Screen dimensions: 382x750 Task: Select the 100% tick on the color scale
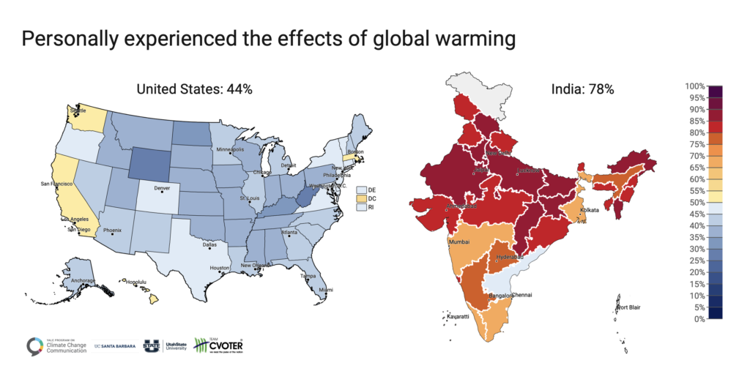pyautogui.click(x=696, y=86)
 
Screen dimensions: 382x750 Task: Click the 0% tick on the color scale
pyautogui.click(x=699, y=319)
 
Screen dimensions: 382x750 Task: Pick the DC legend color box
pyautogui.click(x=361, y=198)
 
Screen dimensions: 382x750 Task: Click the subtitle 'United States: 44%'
pyautogui.click(x=195, y=89)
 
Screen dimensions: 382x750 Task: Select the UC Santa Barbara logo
pyautogui.click(x=118, y=346)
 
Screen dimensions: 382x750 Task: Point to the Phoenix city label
pyautogui.click(x=113, y=231)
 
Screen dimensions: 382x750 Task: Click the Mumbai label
pyautogui.click(x=459, y=241)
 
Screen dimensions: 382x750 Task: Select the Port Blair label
pyautogui.click(x=631, y=307)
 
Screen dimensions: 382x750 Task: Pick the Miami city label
pyautogui.click(x=325, y=290)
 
